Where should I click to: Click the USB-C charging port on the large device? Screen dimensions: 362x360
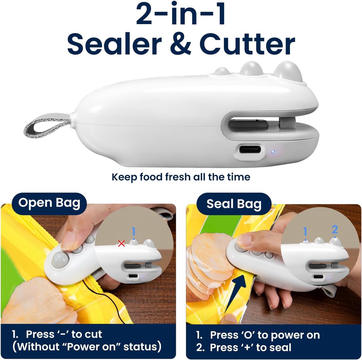pos(250,150)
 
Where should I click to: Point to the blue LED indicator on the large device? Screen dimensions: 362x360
pos(273,152)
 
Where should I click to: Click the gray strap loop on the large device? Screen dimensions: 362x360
pos(47,124)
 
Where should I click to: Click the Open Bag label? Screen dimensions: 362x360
pos(49,203)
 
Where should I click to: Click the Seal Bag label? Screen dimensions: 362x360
pos(234,204)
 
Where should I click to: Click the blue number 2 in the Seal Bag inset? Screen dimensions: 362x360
pos(335,229)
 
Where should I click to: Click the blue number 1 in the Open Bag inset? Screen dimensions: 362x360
pos(133,232)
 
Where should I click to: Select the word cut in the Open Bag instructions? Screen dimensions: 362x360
pos(93,334)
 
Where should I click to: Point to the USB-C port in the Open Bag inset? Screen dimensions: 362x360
pos(133,276)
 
